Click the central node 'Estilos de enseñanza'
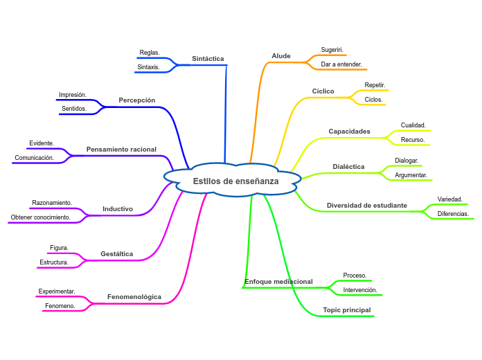(235, 181)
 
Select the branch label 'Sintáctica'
(208, 59)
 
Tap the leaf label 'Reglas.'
(150, 53)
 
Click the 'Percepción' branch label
(137, 100)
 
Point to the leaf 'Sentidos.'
(74, 109)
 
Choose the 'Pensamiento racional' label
(121, 150)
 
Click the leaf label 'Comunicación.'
(35, 158)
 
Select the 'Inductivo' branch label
(118, 209)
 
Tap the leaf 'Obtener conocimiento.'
(41, 217)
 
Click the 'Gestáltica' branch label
(116, 254)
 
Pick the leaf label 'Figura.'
(59, 248)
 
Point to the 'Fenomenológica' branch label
(134, 297)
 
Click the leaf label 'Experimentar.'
(57, 291)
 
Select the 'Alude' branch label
(281, 56)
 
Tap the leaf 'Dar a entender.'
(341, 64)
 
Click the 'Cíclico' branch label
(323, 91)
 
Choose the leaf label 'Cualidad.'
(413, 125)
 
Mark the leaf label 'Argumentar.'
(411, 175)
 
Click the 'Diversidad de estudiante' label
(367, 206)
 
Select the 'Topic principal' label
(347, 310)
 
